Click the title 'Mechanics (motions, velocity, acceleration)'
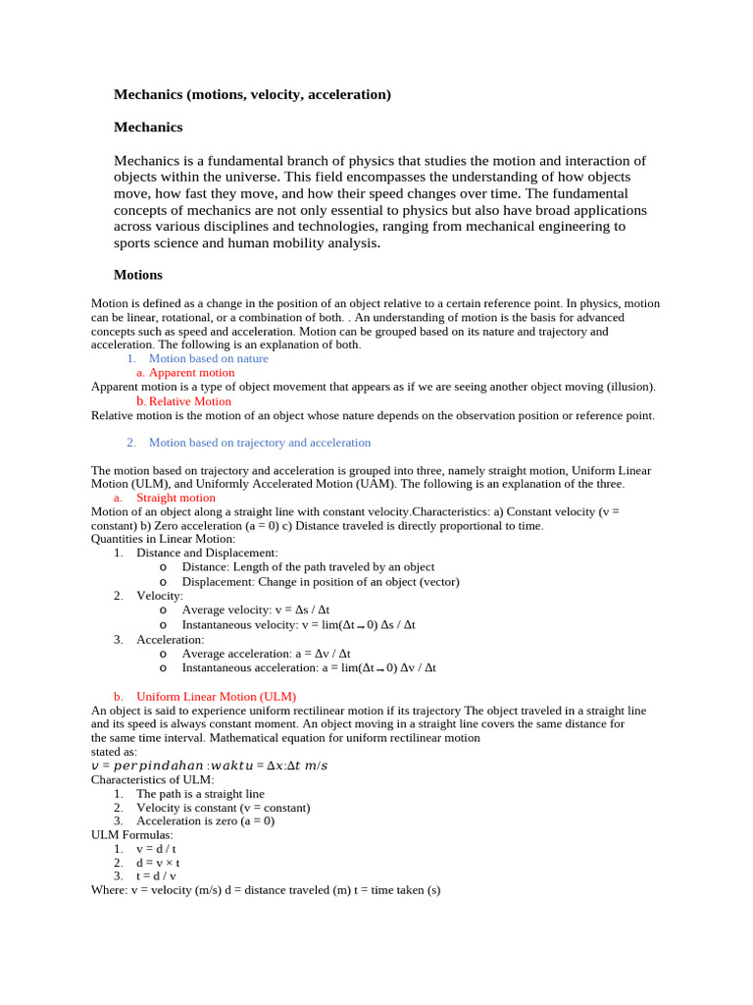pos(252,94)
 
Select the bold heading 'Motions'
pos(138,275)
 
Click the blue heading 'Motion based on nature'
pos(208,358)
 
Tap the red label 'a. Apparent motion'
pos(185,372)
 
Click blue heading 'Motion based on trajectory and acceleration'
pos(259,443)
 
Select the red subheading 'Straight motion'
pos(176,498)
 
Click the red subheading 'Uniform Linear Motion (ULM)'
pos(216,696)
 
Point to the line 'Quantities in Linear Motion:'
pos(164,539)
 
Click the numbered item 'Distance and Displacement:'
pos(207,553)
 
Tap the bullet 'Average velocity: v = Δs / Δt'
pos(256,609)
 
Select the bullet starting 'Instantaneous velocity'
pos(298,624)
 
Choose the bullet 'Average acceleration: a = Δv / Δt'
pos(266,653)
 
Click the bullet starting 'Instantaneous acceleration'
pos(309,667)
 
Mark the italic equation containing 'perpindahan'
pos(210,766)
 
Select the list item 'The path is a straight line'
pos(200,793)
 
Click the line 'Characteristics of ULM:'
pos(152,779)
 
